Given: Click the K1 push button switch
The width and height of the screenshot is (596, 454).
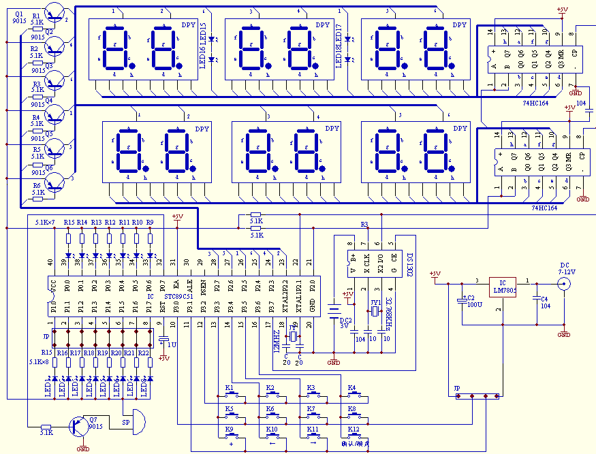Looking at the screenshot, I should click(x=230, y=395).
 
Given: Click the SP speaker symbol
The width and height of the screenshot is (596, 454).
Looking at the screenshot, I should click(x=136, y=422).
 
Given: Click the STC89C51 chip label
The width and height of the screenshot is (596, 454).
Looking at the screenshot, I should click(x=177, y=296).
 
